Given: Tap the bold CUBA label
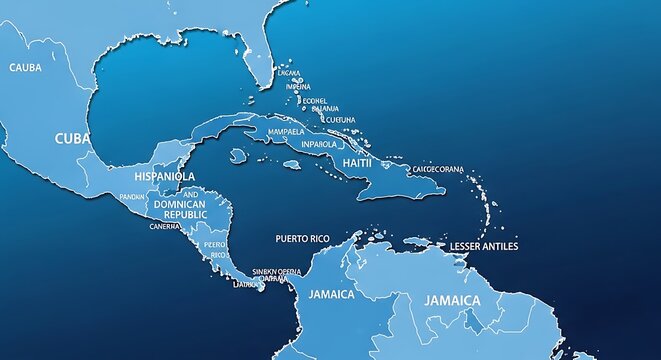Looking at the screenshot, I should [73, 138].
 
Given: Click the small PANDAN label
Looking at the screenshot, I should [131, 197].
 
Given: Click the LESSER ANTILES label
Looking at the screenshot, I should [484, 246].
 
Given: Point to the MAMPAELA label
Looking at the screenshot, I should [288, 130].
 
